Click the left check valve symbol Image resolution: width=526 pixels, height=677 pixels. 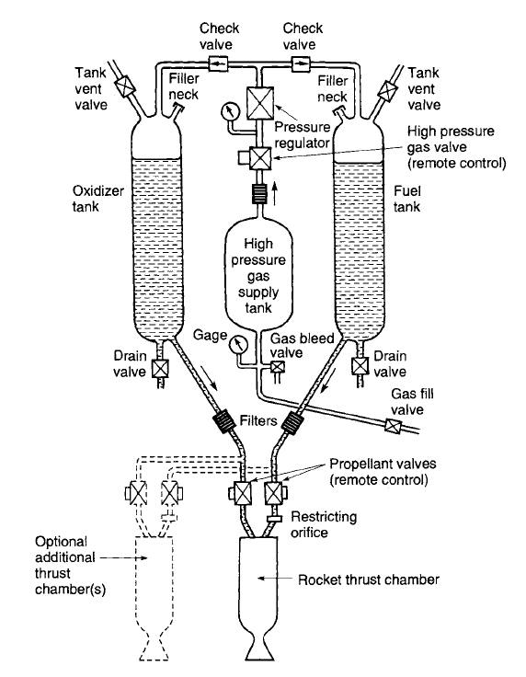219,64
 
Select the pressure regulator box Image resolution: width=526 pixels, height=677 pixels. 259,103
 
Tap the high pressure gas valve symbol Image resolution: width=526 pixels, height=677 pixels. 260,158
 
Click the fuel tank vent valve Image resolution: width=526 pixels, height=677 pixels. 387,90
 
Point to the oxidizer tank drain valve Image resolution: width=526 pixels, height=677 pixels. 160,369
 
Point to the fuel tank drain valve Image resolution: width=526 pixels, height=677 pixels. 360,366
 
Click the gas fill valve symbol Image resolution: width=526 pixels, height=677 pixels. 393,426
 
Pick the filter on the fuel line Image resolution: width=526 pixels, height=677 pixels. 292,421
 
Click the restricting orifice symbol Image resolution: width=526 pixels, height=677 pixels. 274,519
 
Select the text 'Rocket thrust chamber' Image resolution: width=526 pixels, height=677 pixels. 369,579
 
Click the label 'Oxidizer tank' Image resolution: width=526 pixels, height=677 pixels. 98,199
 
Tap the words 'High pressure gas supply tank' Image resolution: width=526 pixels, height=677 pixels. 258,276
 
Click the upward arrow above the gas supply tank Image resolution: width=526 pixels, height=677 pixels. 275,192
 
